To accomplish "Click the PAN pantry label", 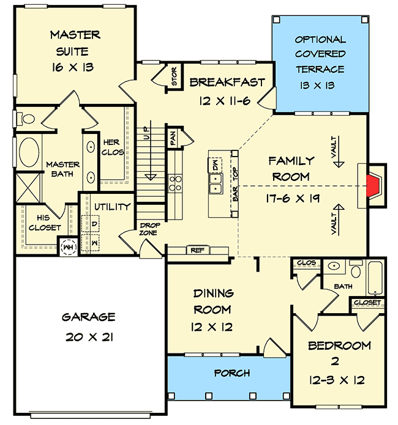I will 173,140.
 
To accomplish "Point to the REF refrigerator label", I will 197,249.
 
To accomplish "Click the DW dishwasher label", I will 216,164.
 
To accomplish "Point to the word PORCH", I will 231,372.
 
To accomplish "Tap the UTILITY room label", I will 111,207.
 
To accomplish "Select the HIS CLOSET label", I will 45,223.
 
